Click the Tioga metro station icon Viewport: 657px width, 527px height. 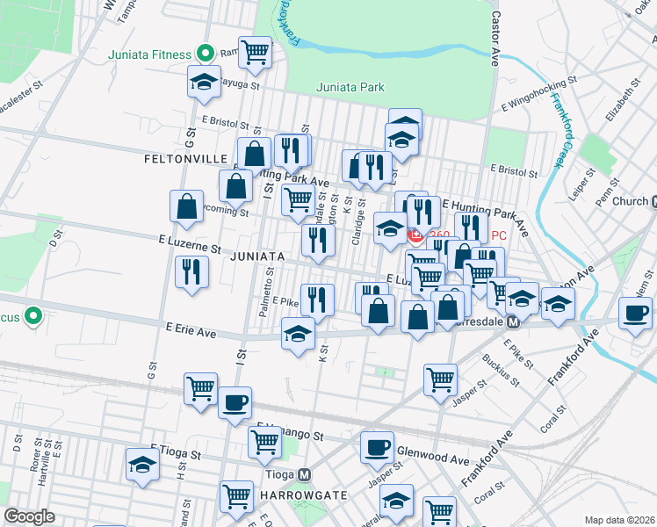[304, 474]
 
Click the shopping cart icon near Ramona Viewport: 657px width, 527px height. [255, 52]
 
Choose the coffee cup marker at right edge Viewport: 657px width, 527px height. [635, 312]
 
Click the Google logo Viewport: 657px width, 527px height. [29, 516]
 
